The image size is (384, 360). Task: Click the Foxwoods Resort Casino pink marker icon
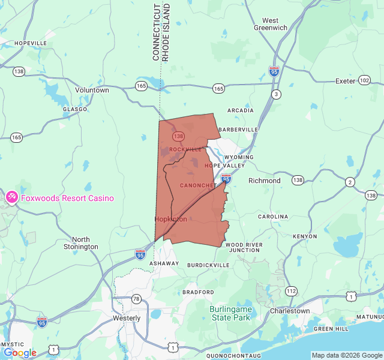point(12,197)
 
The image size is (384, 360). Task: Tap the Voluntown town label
point(92,90)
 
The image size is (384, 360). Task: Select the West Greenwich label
point(270,24)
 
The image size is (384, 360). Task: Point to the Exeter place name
point(346,80)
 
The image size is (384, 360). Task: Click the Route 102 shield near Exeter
point(364,80)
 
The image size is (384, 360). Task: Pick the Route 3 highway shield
point(276,94)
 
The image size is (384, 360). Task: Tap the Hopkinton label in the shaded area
point(170,219)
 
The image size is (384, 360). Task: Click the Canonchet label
point(197,185)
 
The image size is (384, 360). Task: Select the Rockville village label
point(185,149)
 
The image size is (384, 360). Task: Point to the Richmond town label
point(264,181)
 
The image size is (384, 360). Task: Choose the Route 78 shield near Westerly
point(137,299)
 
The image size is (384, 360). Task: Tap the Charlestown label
point(290,311)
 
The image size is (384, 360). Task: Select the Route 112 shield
point(291,291)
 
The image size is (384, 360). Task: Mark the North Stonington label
point(81,243)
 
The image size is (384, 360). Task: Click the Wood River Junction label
point(244,247)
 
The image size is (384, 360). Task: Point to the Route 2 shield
point(350,182)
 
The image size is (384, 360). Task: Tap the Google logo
point(20,353)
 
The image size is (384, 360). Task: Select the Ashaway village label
point(164,263)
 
